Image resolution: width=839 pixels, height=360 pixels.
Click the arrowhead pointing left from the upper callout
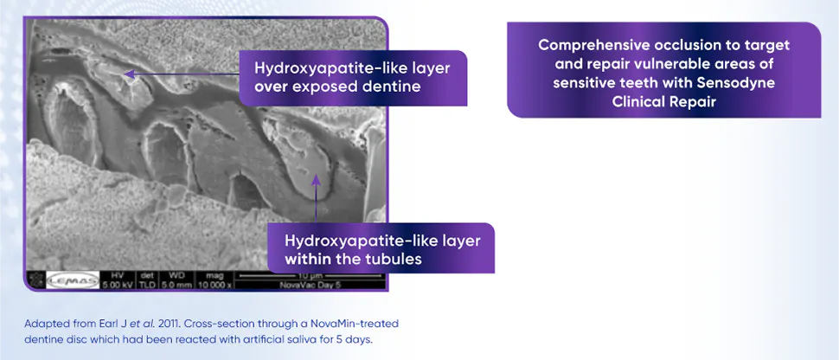[x=127, y=74]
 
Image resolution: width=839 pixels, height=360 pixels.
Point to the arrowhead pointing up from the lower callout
[x=317, y=180]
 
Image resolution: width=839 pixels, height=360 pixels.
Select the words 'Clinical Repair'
[x=663, y=101]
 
